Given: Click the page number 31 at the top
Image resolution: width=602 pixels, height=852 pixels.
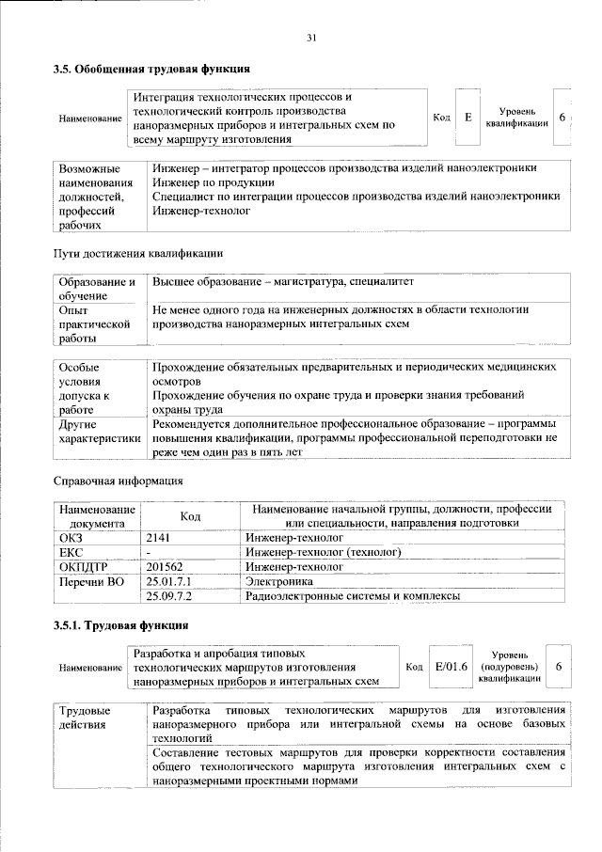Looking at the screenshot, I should (x=310, y=38).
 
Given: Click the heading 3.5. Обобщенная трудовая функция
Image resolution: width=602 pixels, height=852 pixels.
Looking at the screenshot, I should (x=150, y=69).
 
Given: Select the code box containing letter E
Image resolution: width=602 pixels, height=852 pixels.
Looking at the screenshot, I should (x=467, y=118).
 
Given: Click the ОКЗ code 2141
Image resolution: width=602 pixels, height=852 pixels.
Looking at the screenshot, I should (x=162, y=535).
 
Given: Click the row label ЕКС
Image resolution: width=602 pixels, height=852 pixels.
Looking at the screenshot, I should (x=71, y=551).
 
